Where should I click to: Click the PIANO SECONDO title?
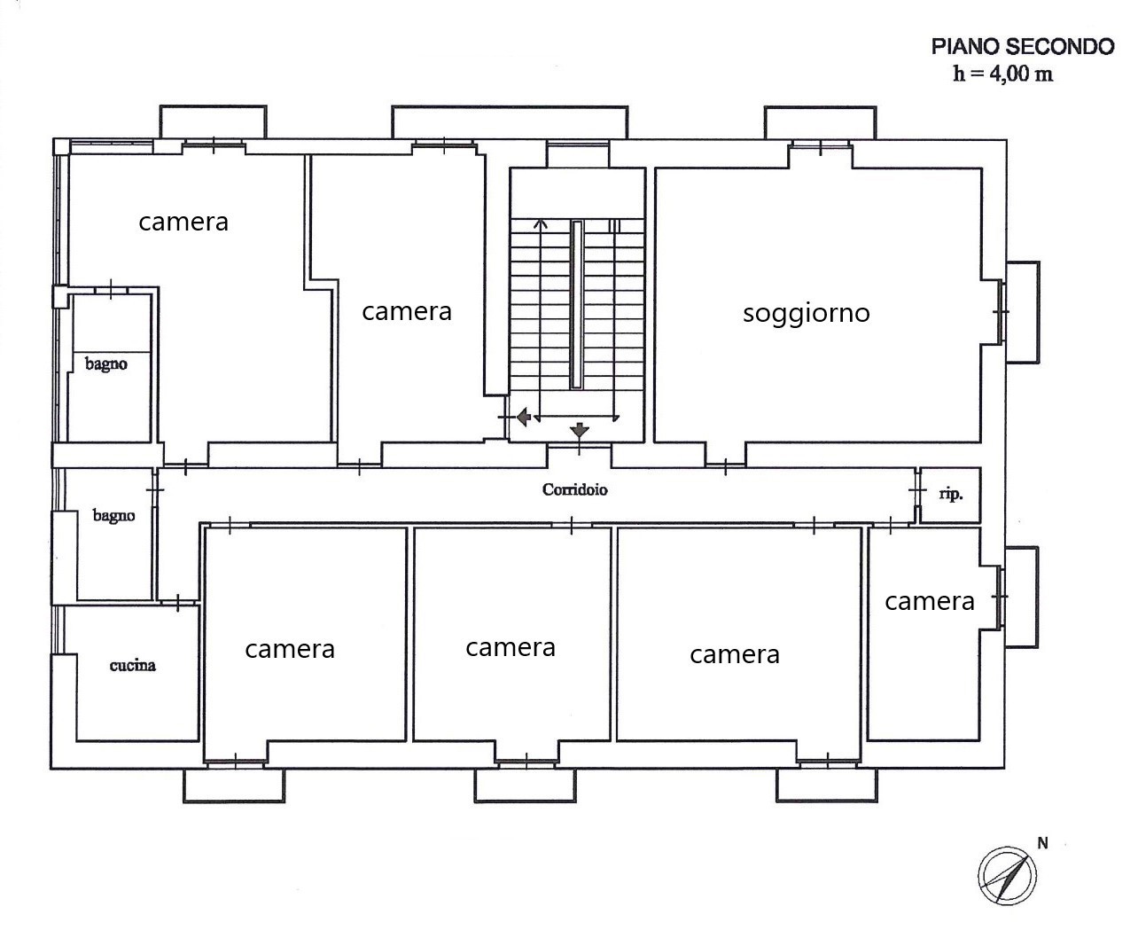(x=1023, y=47)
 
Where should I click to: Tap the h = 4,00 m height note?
(x=1003, y=74)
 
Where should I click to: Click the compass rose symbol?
(x=1007, y=876)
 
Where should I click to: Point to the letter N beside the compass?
(x=1042, y=843)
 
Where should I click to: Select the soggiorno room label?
(x=807, y=313)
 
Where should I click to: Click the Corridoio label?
(x=574, y=489)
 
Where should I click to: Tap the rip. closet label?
(x=951, y=495)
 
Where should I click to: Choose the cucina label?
(x=133, y=666)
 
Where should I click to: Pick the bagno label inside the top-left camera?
(x=106, y=364)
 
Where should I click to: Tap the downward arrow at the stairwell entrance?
(x=579, y=430)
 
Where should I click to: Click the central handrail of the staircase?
(x=577, y=304)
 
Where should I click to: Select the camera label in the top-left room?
(x=183, y=222)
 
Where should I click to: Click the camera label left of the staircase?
(x=407, y=311)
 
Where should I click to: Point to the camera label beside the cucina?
(x=290, y=649)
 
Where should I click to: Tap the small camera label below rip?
(x=930, y=601)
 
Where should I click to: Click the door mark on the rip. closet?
(x=916, y=490)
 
